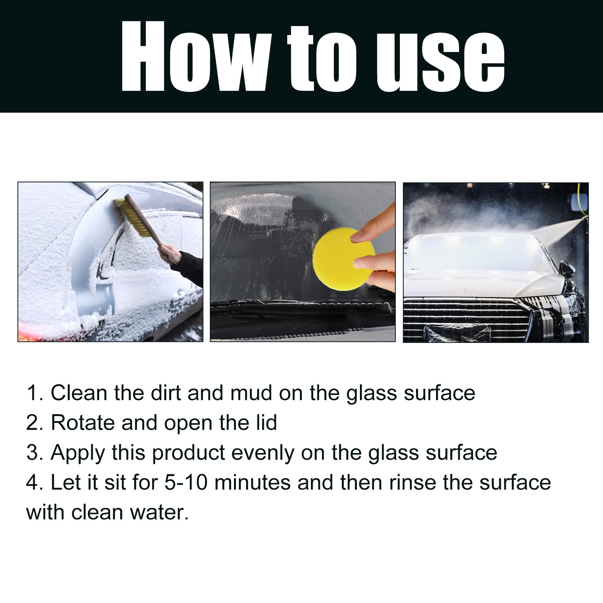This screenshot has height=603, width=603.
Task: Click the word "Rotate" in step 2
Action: click(83, 422)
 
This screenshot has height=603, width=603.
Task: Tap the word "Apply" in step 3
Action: click(78, 453)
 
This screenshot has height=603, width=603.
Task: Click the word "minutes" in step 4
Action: click(252, 482)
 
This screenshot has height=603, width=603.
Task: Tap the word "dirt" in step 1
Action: click(165, 393)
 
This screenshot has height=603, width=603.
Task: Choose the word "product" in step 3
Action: click(188, 453)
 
